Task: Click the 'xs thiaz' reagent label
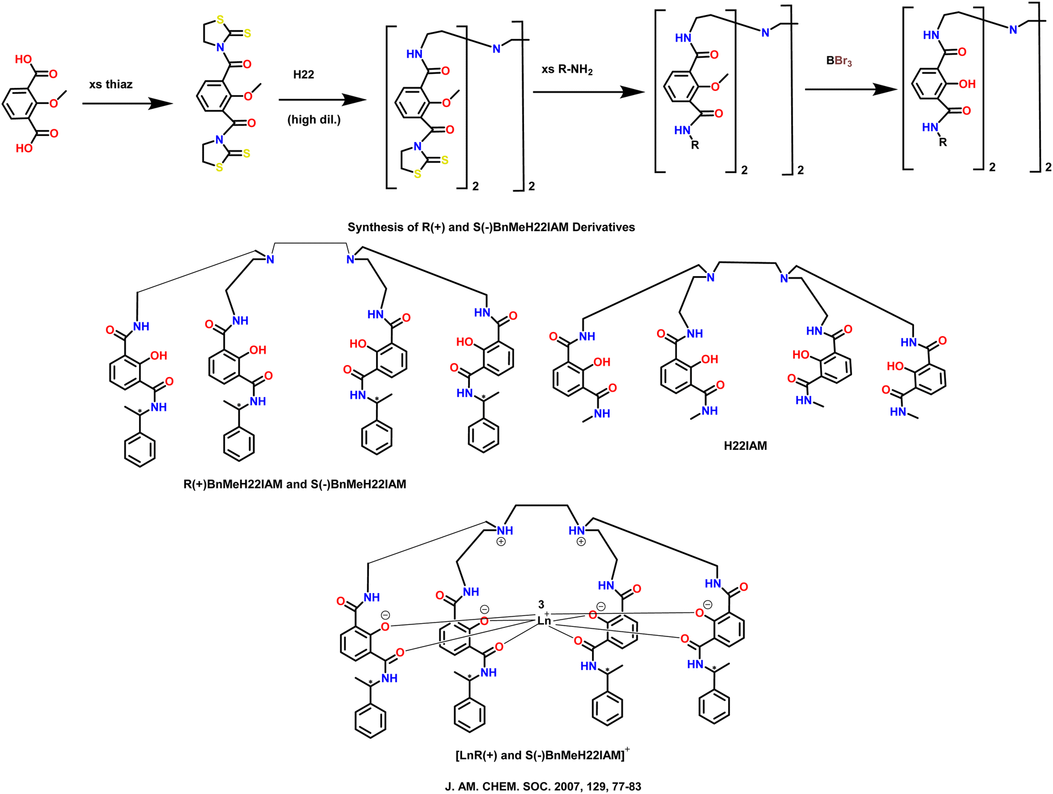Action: pyautogui.click(x=111, y=84)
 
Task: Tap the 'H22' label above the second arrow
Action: pyautogui.click(x=304, y=75)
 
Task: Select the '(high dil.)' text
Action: pyautogui.click(x=314, y=120)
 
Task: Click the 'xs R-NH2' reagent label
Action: pyautogui.click(x=567, y=70)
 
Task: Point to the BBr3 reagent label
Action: pyautogui.click(x=839, y=61)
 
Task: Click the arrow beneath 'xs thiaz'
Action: pyautogui.click(x=128, y=103)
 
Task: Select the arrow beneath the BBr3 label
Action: pyautogui.click(x=851, y=90)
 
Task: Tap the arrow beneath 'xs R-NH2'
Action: pyautogui.click(x=589, y=92)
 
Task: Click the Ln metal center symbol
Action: pyautogui.click(x=544, y=621)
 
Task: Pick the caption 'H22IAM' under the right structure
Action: pyautogui.click(x=746, y=446)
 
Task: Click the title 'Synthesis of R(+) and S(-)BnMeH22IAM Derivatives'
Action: pyautogui.click(x=491, y=227)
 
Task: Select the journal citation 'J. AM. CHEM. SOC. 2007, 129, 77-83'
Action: pyautogui.click(x=543, y=786)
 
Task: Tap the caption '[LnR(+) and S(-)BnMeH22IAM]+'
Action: pyautogui.click(x=542, y=754)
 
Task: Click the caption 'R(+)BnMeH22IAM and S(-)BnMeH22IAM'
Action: pyautogui.click(x=295, y=484)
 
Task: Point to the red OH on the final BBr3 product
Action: pyautogui.click(x=967, y=84)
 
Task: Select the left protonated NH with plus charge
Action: pyautogui.click(x=504, y=534)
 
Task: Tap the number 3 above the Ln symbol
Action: pyautogui.click(x=541, y=605)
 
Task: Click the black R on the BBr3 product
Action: pyautogui.click(x=943, y=143)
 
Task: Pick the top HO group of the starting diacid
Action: pyautogui.click(x=23, y=59)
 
